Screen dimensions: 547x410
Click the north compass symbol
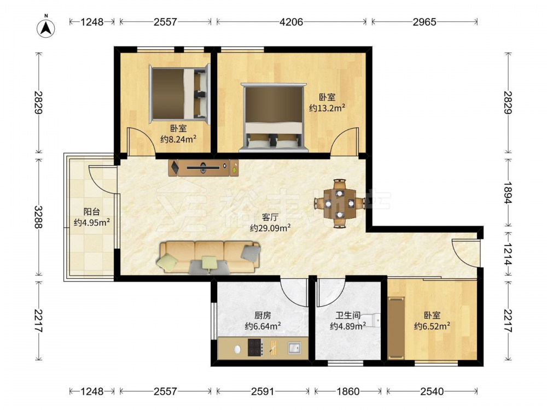click(x=46, y=27)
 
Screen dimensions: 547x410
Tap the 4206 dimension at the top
click(x=292, y=22)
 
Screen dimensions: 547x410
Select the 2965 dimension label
click(x=424, y=22)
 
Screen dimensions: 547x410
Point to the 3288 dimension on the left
click(x=38, y=217)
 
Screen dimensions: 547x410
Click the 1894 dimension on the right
click(x=508, y=193)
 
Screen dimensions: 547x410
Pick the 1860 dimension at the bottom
click(x=348, y=391)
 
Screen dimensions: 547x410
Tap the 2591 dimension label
click(x=263, y=391)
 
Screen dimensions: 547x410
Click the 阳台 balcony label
click(x=92, y=212)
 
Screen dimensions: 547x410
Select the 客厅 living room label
click(x=270, y=217)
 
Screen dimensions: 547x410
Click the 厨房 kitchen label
click(x=263, y=315)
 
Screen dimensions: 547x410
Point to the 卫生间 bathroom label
click(x=348, y=315)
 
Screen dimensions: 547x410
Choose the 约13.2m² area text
click(x=327, y=108)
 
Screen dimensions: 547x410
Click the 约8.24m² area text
click(x=178, y=139)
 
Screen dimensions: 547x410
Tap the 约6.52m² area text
click(x=432, y=326)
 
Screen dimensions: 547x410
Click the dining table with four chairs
click(x=340, y=203)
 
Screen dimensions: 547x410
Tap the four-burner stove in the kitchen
click(x=255, y=347)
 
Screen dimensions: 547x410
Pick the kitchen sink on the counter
click(x=294, y=348)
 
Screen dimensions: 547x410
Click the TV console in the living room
click(x=203, y=168)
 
